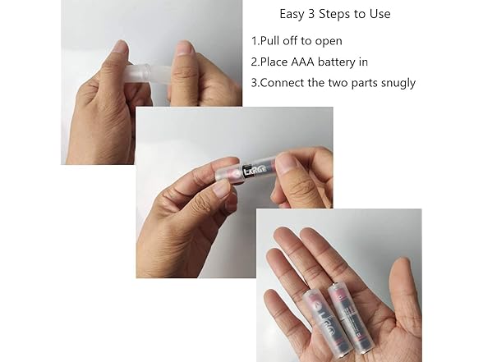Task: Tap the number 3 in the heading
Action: pos(311,14)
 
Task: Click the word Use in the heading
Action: pos(380,14)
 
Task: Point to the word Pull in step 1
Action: pos(270,41)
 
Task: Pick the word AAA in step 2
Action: pos(302,62)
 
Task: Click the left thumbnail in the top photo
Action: pos(121,48)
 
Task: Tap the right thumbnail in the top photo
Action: pos(185,48)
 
